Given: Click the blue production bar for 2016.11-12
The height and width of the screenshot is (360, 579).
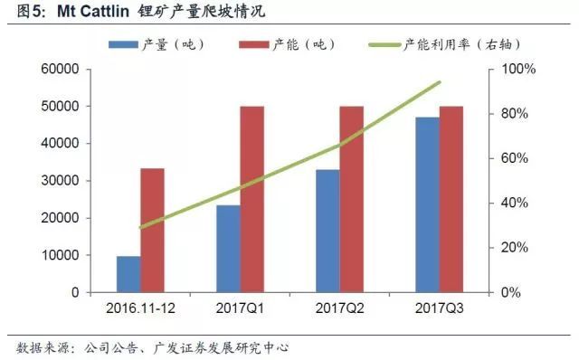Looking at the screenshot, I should point(128,274).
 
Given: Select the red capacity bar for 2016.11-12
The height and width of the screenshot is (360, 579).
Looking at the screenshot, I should point(153,231).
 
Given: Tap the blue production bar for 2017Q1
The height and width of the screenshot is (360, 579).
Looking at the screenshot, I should point(228,249).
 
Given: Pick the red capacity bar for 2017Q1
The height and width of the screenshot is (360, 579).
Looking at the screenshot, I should point(252,199).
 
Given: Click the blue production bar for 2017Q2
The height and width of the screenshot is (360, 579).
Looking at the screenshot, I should point(327,231).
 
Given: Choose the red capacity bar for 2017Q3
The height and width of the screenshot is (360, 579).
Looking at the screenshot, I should point(451,199).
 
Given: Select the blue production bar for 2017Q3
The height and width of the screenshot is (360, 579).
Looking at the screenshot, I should point(427,204).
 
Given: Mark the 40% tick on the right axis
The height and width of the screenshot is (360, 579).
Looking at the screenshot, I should point(520,204).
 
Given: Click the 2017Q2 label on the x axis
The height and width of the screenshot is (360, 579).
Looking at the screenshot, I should point(339,308).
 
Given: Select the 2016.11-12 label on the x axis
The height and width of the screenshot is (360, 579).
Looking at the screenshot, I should point(140,308).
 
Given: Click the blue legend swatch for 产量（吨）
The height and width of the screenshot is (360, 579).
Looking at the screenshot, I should point(124,43).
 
